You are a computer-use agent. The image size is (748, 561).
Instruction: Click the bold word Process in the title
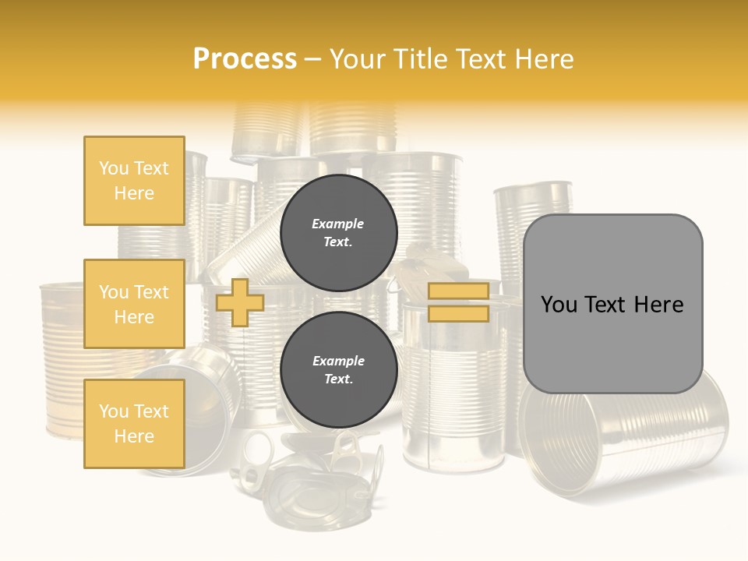click(x=245, y=59)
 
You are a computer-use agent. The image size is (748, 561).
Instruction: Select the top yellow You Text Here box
click(x=134, y=181)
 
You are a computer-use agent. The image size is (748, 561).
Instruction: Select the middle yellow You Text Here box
click(x=134, y=304)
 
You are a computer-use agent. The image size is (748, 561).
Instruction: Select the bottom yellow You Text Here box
click(x=134, y=424)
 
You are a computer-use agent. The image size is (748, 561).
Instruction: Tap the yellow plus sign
click(x=240, y=302)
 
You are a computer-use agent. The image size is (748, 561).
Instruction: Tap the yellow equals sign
click(x=458, y=302)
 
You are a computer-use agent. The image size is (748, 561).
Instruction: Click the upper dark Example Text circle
click(x=338, y=233)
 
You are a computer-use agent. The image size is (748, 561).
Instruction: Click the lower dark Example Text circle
click(x=338, y=370)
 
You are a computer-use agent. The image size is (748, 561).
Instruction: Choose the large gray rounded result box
click(x=612, y=304)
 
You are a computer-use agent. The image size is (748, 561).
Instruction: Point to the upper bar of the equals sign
click(x=458, y=291)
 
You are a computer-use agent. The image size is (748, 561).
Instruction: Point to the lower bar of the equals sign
click(x=458, y=314)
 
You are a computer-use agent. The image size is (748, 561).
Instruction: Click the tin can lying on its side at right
click(x=623, y=436)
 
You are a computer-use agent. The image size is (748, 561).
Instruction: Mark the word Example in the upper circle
click(x=338, y=224)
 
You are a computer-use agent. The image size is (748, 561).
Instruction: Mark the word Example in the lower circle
click(x=338, y=361)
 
